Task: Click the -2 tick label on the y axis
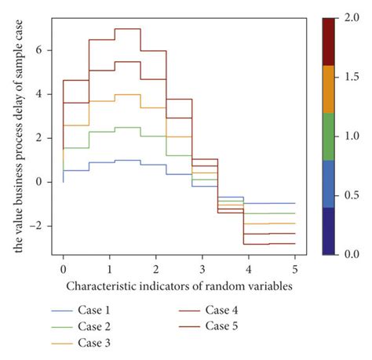point(46,226)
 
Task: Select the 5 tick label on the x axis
point(295,268)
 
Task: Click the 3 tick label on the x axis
point(202,268)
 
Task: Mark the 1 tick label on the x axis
point(110,268)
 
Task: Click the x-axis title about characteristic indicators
point(179,286)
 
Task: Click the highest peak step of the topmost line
point(128,28)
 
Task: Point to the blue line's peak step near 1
point(128,160)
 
